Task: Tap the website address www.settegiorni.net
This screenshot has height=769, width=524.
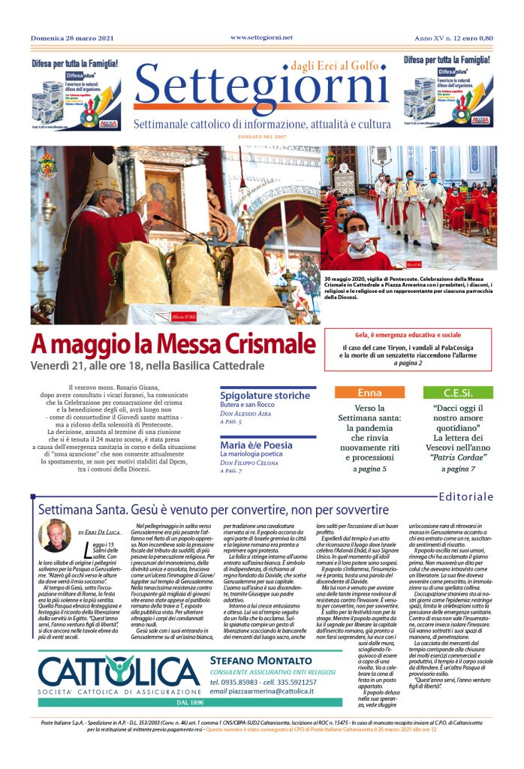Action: click(x=261, y=37)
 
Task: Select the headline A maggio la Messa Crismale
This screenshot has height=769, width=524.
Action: click(x=173, y=345)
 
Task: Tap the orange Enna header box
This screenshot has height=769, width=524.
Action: click(x=369, y=393)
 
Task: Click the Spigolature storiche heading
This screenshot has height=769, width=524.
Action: click(x=265, y=395)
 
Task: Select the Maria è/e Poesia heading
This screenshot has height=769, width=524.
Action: click(x=254, y=445)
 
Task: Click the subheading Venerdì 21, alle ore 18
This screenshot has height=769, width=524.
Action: click(x=148, y=366)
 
